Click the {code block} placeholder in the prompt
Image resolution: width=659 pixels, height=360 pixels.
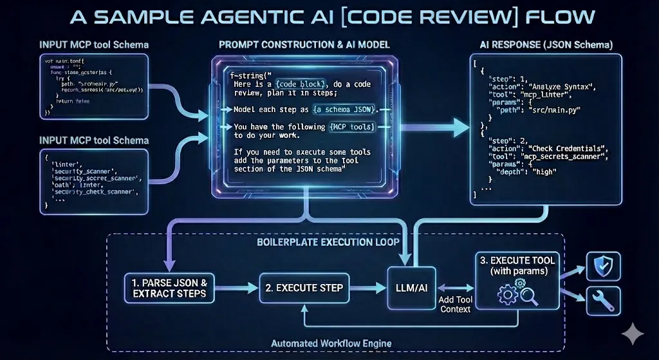click(x=301, y=84)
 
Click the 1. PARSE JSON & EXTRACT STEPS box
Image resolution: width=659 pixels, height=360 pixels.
click(x=168, y=287)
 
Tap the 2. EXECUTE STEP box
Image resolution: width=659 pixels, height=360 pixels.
click(x=304, y=287)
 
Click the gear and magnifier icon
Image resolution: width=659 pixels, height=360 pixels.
click(x=517, y=294)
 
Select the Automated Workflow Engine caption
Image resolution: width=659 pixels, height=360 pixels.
click(x=331, y=343)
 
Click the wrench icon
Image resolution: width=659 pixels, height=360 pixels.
click(x=603, y=301)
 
